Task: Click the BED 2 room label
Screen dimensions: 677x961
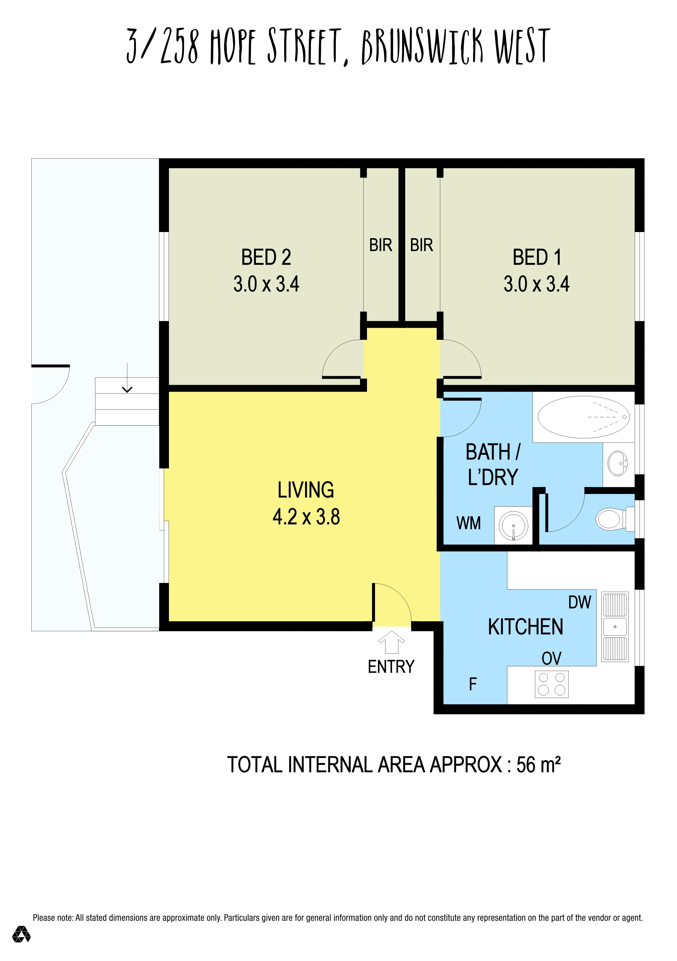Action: click(x=266, y=257)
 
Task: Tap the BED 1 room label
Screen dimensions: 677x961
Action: click(x=537, y=257)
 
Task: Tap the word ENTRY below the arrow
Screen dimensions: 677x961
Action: click(x=391, y=667)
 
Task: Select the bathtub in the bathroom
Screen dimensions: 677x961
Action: click(x=583, y=417)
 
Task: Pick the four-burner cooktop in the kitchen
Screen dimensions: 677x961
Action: click(x=552, y=684)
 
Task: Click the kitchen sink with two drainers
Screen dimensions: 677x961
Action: click(x=615, y=627)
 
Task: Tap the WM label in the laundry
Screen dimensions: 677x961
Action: click(x=468, y=523)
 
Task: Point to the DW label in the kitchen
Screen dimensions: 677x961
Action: click(x=579, y=603)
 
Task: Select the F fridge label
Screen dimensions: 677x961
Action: click(x=473, y=684)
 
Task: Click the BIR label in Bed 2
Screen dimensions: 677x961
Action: click(x=381, y=245)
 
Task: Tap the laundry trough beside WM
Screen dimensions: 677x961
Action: click(x=513, y=526)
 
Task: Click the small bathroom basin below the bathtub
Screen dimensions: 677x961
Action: click(x=618, y=463)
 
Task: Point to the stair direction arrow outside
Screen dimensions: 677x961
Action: click(x=127, y=378)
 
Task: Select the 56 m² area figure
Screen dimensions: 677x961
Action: click(x=538, y=765)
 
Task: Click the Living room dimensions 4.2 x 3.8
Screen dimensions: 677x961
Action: click(x=306, y=517)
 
